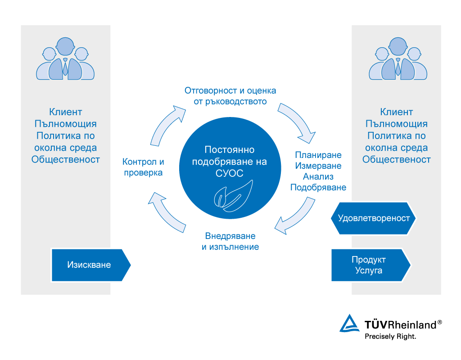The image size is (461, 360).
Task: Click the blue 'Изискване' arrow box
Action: pyautogui.click(x=90, y=265)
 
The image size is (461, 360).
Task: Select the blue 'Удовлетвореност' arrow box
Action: pyautogui.click(x=373, y=218)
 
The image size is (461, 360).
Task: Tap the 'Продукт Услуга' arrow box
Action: pyautogui.click(x=369, y=265)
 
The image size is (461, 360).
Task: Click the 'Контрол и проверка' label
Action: pyautogui.click(x=143, y=167)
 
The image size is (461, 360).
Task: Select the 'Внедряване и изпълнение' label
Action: pyautogui.click(x=230, y=242)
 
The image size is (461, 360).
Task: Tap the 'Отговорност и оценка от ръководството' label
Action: pyautogui.click(x=230, y=96)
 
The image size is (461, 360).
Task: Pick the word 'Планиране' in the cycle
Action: pyautogui.click(x=318, y=155)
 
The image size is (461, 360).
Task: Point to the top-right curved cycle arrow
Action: pyautogui.click(x=298, y=121)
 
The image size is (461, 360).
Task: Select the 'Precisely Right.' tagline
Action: pyautogui.click(x=390, y=336)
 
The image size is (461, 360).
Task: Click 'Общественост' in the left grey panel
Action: pyautogui.click(x=66, y=159)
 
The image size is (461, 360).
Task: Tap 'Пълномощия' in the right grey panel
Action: pyautogui.click(x=396, y=124)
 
